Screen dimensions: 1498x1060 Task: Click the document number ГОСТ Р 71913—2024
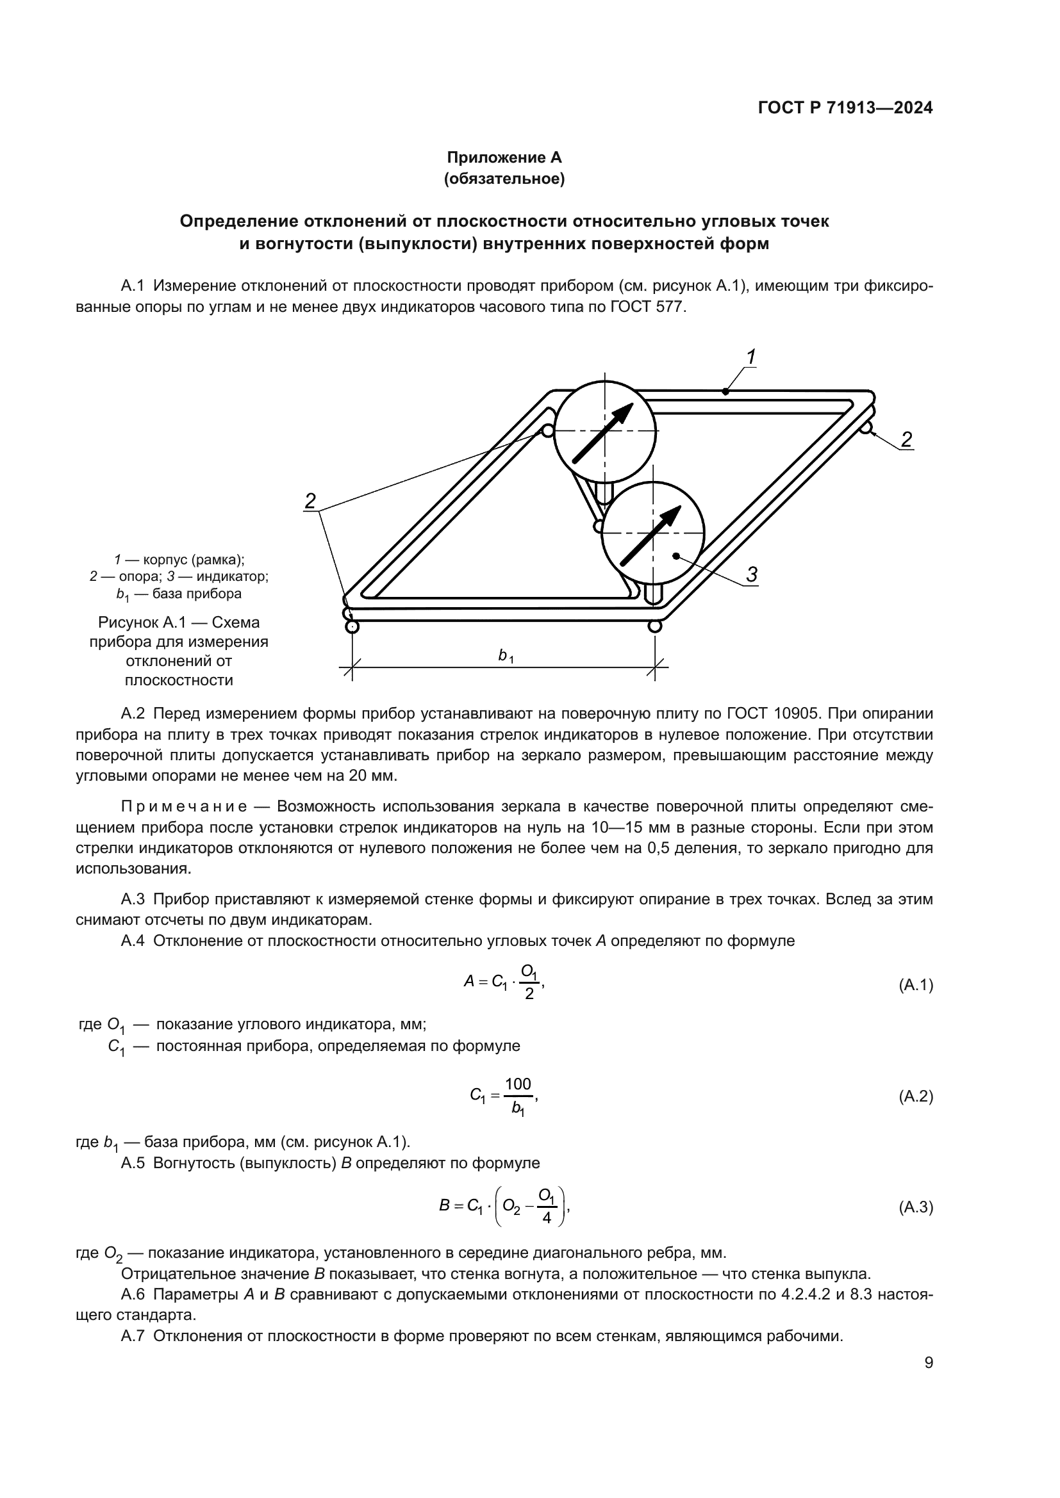coord(845,108)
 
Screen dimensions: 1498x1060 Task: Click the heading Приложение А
coord(504,158)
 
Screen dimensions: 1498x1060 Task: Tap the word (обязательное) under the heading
coord(504,179)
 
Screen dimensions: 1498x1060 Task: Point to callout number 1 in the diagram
coord(750,357)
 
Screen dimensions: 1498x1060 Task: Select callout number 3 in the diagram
coord(751,574)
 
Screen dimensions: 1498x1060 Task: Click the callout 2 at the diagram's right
coord(906,440)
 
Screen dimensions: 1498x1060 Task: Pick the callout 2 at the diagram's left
coord(311,501)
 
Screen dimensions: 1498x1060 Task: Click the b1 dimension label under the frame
coord(505,656)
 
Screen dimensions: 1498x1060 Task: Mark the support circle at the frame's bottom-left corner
coord(352,627)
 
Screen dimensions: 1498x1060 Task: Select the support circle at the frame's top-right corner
coord(867,428)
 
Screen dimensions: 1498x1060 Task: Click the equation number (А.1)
coord(915,985)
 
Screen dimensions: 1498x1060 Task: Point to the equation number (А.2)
coord(915,1096)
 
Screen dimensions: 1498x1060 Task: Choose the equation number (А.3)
coord(915,1208)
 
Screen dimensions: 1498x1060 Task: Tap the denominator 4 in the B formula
coord(546,1218)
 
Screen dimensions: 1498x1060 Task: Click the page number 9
coord(929,1363)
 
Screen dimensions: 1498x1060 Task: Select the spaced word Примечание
coord(184,807)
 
